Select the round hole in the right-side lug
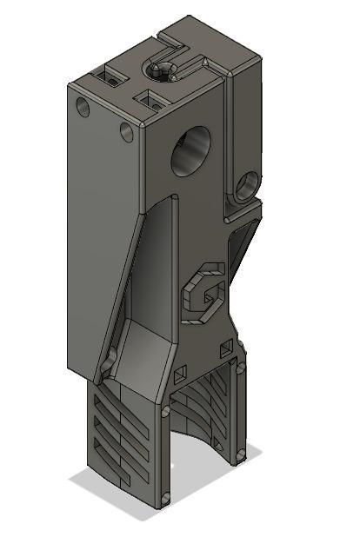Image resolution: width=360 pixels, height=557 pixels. [x=249, y=183]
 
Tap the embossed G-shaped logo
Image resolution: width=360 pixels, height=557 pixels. [x=205, y=293]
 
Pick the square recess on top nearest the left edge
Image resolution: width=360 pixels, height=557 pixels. [x=110, y=79]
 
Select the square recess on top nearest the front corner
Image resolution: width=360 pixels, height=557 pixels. [x=151, y=100]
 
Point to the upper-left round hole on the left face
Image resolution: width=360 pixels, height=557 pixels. [x=83, y=108]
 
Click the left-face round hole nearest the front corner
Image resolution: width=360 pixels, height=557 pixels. [x=127, y=132]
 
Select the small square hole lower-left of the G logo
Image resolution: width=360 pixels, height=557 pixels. [x=180, y=375]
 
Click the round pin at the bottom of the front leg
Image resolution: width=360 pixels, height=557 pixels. [x=164, y=498]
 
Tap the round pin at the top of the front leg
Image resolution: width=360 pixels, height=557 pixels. [x=165, y=409]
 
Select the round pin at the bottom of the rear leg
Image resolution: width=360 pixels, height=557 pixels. [x=241, y=453]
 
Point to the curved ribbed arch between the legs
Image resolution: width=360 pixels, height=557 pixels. [x=205, y=408]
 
